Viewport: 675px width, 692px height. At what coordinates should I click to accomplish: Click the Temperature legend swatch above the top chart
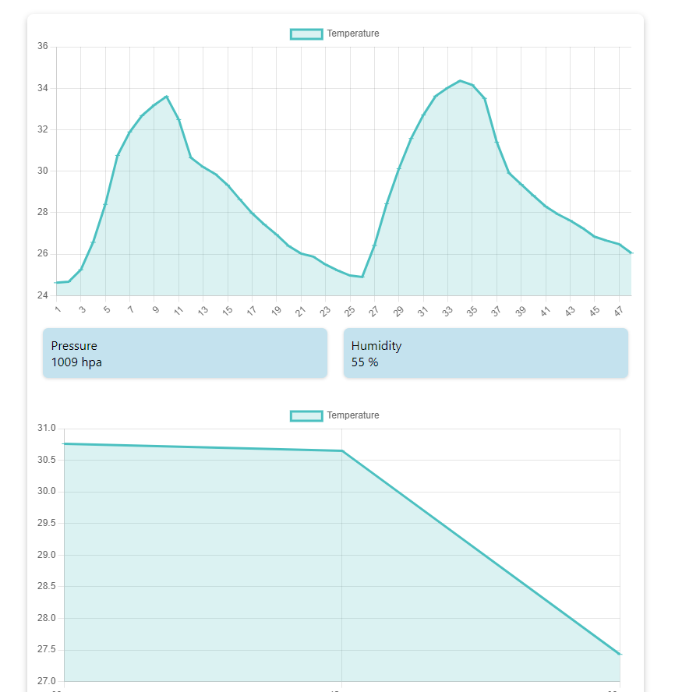306,34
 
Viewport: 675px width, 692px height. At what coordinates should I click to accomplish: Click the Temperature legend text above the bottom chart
353,415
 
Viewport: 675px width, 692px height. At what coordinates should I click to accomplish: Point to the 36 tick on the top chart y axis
42,47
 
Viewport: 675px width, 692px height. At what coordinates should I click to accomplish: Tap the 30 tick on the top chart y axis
42,171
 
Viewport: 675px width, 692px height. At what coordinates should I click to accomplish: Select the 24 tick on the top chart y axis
42,295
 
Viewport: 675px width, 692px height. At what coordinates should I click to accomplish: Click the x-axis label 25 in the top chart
349,311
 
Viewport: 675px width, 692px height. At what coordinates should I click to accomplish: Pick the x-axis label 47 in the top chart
618,311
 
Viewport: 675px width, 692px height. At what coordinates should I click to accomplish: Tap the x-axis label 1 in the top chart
57,309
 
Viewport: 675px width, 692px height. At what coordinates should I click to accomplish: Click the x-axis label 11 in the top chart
178,311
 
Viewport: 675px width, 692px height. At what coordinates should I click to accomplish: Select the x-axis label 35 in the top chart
472,311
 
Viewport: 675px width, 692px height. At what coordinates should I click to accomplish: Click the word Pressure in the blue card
74,345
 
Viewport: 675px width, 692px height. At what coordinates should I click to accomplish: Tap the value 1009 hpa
76,362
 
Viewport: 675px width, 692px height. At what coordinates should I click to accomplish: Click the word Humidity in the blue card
376,345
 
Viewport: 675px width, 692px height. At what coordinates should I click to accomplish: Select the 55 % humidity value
365,362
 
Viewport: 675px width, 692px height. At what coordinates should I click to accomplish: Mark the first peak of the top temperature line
166,97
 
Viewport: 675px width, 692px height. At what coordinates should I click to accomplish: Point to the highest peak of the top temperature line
460,80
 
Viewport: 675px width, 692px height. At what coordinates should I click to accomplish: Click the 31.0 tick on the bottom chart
47,429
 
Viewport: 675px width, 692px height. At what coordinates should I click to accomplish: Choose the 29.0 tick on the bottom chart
47,555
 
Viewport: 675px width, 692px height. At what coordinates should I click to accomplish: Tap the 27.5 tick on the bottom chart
47,649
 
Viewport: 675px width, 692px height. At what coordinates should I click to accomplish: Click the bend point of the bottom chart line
341,450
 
